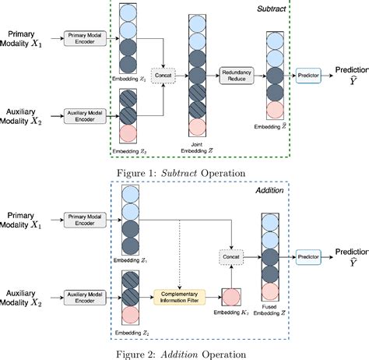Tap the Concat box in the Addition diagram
tap(232, 255)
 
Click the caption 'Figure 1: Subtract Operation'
tap(184, 172)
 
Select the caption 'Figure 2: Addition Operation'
tap(184, 352)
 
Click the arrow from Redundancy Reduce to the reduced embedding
tap(261, 76)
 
